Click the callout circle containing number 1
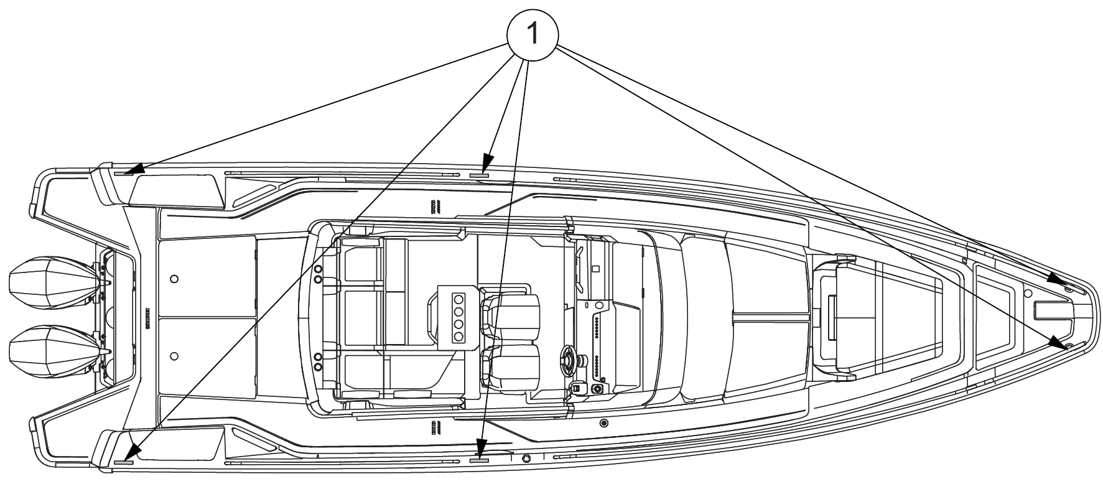click(533, 35)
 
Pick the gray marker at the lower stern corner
click(124, 462)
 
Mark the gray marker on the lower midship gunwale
click(478, 461)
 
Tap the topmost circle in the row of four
click(459, 297)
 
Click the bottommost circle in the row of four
click(459, 337)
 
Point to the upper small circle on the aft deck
click(174, 279)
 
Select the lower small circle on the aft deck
click(174, 355)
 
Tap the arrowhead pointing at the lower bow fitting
click(1056, 340)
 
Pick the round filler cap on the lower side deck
click(603, 424)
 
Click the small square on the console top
click(596, 269)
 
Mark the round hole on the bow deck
click(1028, 291)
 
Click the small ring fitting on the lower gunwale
click(526, 458)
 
